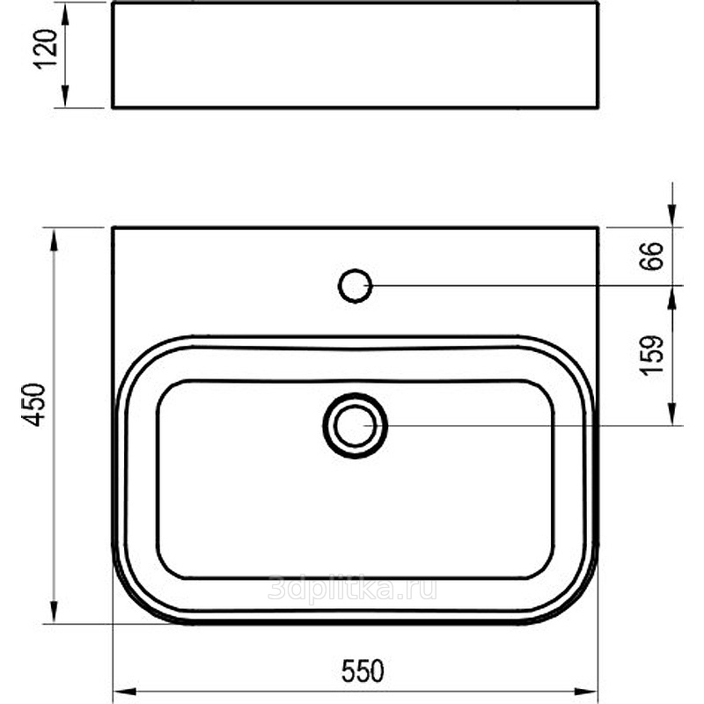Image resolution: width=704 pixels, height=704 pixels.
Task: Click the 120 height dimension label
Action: pyautogui.click(x=46, y=49)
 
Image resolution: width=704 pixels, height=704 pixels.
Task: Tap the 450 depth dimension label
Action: pyautogui.click(x=33, y=404)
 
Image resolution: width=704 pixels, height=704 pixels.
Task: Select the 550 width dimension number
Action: pyautogui.click(x=363, y=671)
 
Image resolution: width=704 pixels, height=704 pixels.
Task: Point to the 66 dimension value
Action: pyautogui.click(x=650, y=256)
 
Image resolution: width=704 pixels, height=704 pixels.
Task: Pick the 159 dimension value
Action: pyautogui.click(x=650, y=355)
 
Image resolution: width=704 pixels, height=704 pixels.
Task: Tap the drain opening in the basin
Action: pyautogui.click(x=356, y=426)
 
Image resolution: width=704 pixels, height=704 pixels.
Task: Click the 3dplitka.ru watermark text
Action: pyautogui.click(x=353, y=588)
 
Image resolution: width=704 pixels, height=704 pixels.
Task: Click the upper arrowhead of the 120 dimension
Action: pyautogui.click(x=65, y=14)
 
